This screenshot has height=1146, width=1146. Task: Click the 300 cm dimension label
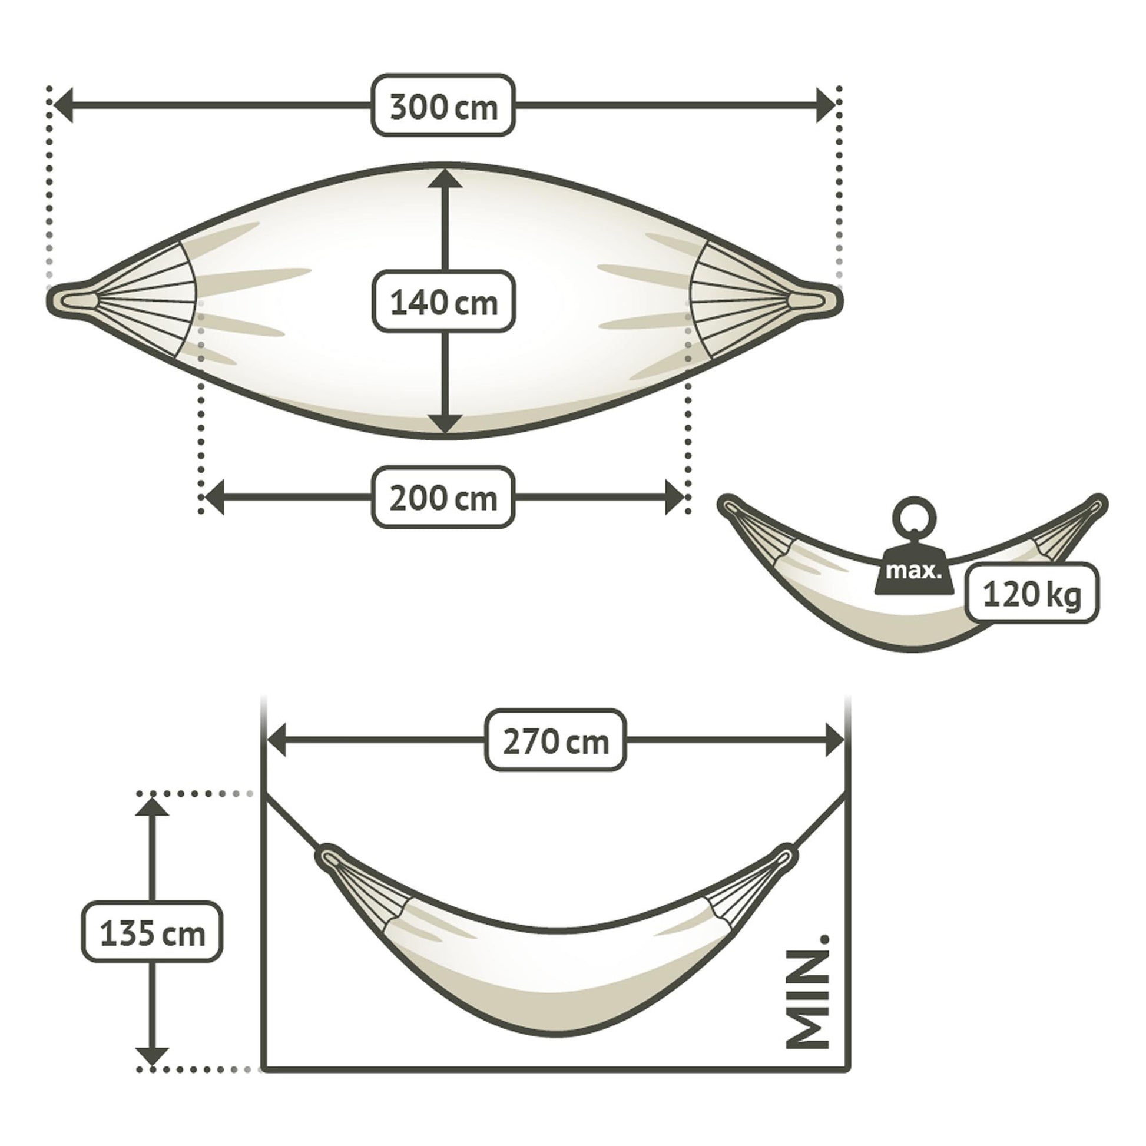(443, 105)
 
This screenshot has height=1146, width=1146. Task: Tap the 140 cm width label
(443, 302)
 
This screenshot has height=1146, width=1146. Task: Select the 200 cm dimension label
(443, 497)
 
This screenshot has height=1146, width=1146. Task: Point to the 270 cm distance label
(556, 740)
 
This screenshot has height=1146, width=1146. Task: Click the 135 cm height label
(153, 933)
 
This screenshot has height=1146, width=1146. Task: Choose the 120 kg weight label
(1032, 594)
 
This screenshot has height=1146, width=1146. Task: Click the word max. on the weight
(913, 571)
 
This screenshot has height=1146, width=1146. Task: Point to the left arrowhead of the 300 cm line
(64, 105)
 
